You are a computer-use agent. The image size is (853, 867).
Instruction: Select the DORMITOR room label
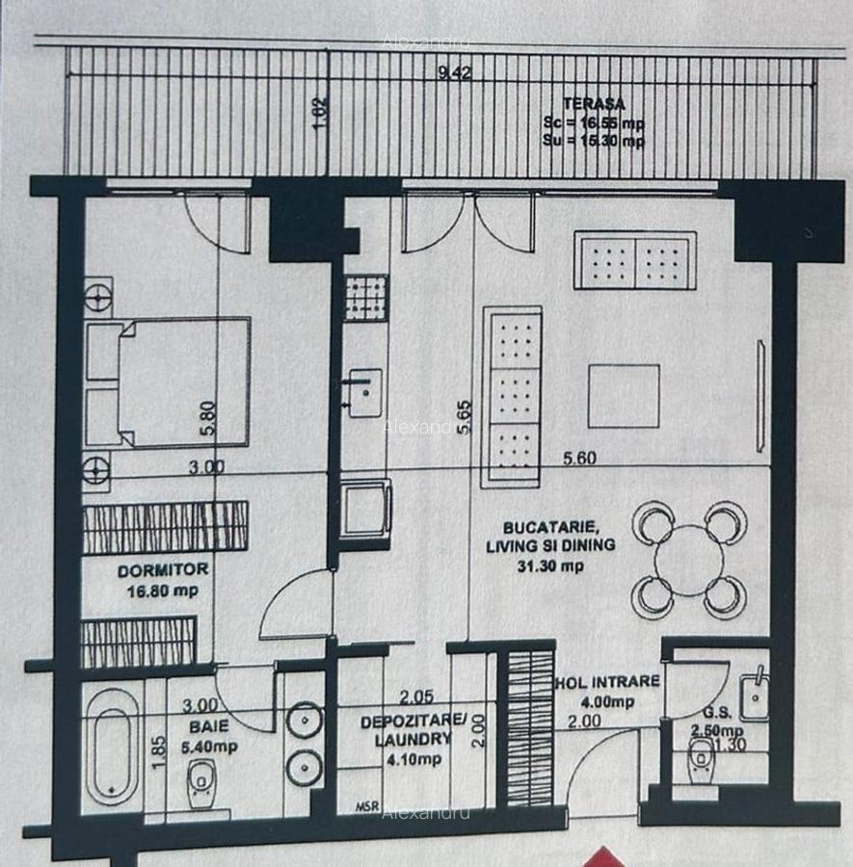(x=149, y=570)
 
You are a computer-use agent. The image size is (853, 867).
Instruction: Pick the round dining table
(x=688, y=560)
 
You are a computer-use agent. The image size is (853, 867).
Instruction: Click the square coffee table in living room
(x=624, y=396)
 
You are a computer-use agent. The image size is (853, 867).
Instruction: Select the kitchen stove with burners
(x=366, y=298)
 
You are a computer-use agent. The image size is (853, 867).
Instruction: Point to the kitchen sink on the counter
(x=364, y=392)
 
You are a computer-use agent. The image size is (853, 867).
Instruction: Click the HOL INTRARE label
(x=607, y=682)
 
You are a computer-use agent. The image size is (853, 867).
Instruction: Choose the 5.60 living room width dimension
(x=579, y=460)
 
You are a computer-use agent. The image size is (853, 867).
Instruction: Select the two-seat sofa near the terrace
(x=634, y=260)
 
